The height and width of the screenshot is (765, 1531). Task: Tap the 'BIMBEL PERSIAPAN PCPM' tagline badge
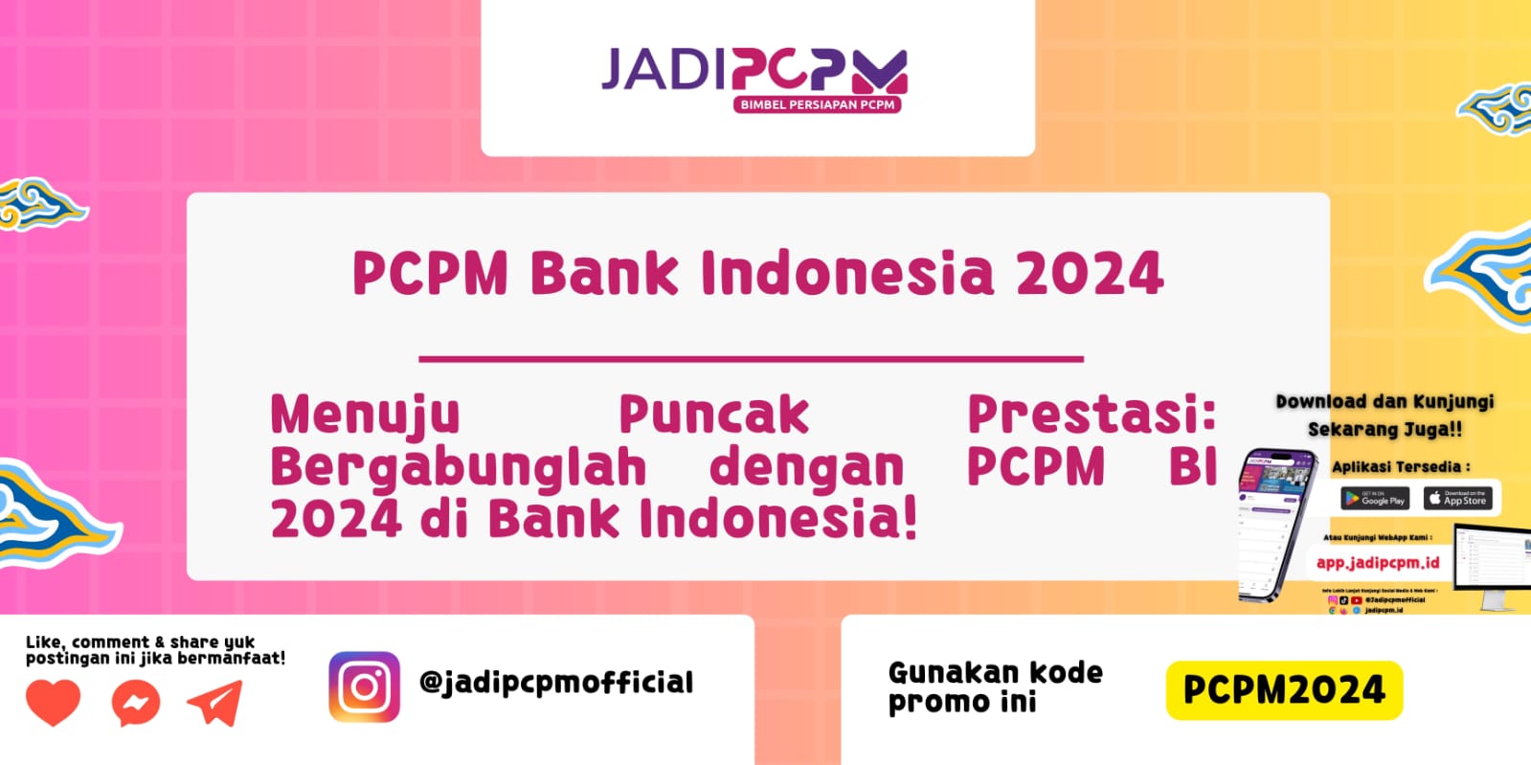click(x=817, y=104)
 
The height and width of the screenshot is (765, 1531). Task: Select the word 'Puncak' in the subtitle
click(x=713, y=416)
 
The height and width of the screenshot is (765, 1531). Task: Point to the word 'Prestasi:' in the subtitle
click(x=1091, y=415)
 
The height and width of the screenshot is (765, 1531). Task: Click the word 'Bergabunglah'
click(x=459, y=467)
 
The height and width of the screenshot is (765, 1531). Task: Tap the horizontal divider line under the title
click(x=751, y=359)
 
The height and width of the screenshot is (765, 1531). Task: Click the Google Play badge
click(x=1374, y=499)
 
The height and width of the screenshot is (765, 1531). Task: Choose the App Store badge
click(x=1457, y=499)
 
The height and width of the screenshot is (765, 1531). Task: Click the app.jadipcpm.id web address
click(x=1377, y=563)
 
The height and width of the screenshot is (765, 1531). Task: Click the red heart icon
click(x=53, y=704)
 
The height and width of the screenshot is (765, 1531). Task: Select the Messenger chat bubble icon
click(x=135, y=704)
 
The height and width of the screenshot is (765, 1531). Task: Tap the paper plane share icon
click(x=215, y=704)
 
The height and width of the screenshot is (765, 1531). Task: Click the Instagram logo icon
click(x=365, y=686)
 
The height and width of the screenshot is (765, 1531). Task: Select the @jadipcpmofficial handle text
click(x=556, y=683)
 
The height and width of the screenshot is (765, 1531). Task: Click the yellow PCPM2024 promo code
click(x=1283, y=689)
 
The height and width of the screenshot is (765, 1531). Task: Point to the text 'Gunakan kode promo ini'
click(x=995, y=686)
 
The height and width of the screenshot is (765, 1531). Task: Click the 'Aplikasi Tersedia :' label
click(x=1400, y=467)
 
